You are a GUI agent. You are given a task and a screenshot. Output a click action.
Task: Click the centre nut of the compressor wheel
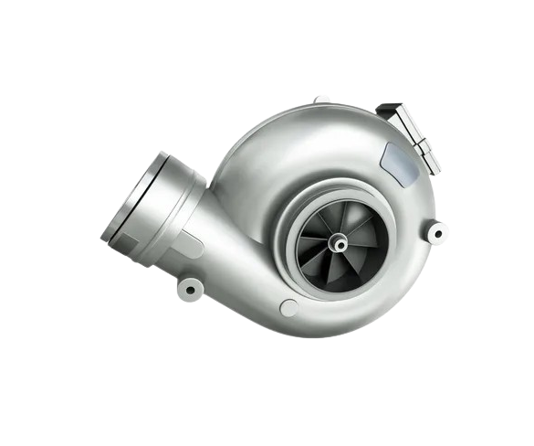[340, 242]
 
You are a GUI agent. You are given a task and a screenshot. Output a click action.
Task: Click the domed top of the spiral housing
[301, 137]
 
